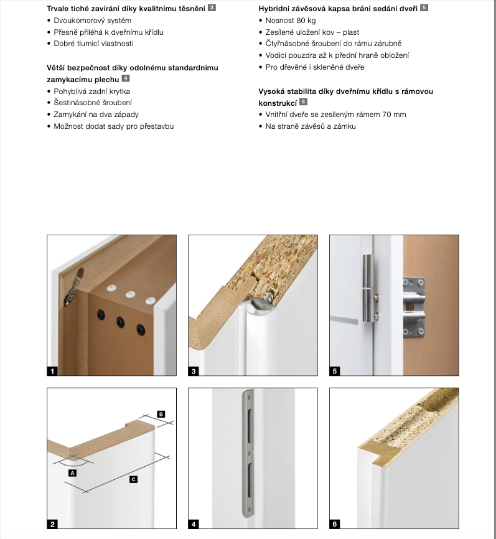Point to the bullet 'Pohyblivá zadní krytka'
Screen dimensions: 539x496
coord(91,91)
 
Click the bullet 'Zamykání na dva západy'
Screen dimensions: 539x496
coord(96,115)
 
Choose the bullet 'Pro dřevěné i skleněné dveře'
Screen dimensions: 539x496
coord(314,67)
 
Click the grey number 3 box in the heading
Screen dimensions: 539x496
coord(212,8)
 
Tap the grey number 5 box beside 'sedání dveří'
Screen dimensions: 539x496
coord(424,8)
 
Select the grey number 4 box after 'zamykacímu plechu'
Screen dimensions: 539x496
coord(126,78)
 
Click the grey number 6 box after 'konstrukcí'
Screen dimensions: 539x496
coord(304,102)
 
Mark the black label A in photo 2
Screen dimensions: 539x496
coord(72,473)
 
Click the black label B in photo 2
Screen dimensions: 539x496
coord(161,414)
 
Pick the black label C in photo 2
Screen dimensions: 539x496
coord(133,479)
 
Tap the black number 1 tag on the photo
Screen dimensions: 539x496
coord(52,372)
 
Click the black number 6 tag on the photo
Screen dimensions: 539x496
coord(335,524)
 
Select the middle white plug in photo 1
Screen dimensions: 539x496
coord(131,294)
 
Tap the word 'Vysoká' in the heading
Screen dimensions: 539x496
coord(272,91)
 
